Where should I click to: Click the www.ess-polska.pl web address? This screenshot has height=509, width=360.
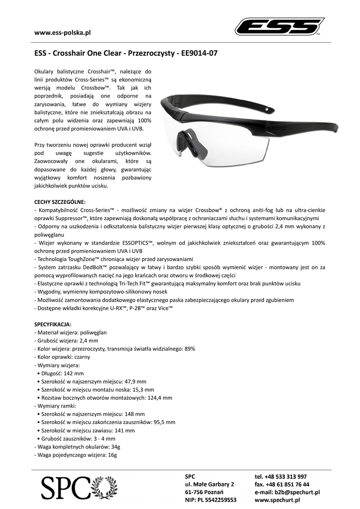click(62, 33)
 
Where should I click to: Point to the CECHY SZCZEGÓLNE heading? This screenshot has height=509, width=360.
click(60, 202)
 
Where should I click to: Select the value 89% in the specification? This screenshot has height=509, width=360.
click(195, 349)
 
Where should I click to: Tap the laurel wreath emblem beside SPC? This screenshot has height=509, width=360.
click(105, 488)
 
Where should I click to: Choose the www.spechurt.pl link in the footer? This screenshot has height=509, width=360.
click(278, 500)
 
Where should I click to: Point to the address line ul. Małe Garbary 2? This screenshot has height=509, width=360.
click(209, 484)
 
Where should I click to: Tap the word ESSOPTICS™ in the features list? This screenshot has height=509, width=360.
click(135, 243)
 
